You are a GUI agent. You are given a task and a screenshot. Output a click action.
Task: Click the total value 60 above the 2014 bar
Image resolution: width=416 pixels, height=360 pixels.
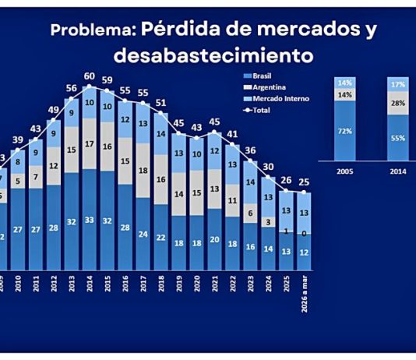(x=89, y=76)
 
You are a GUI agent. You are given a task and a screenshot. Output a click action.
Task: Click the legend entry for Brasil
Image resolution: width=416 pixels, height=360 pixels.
(x=262, y=76)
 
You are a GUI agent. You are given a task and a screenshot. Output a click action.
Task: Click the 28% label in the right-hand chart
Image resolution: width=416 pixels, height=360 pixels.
(x=399, y=103)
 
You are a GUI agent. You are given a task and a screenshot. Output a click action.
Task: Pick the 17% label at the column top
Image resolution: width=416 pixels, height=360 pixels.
(x=399, y=82)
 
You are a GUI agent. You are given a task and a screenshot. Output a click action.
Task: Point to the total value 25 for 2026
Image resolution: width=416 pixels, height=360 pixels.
(x=305, y=183)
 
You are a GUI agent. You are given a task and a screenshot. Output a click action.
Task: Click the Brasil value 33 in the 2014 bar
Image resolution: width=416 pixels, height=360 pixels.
(x=89, y=221)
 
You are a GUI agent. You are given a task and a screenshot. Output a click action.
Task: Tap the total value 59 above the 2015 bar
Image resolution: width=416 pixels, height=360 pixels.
(x=107, y=80)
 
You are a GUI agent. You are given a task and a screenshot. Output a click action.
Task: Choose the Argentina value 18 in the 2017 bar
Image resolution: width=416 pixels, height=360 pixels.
(x=143, y=171)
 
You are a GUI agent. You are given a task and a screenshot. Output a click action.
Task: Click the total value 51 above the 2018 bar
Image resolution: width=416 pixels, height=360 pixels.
(x=160, y=102)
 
